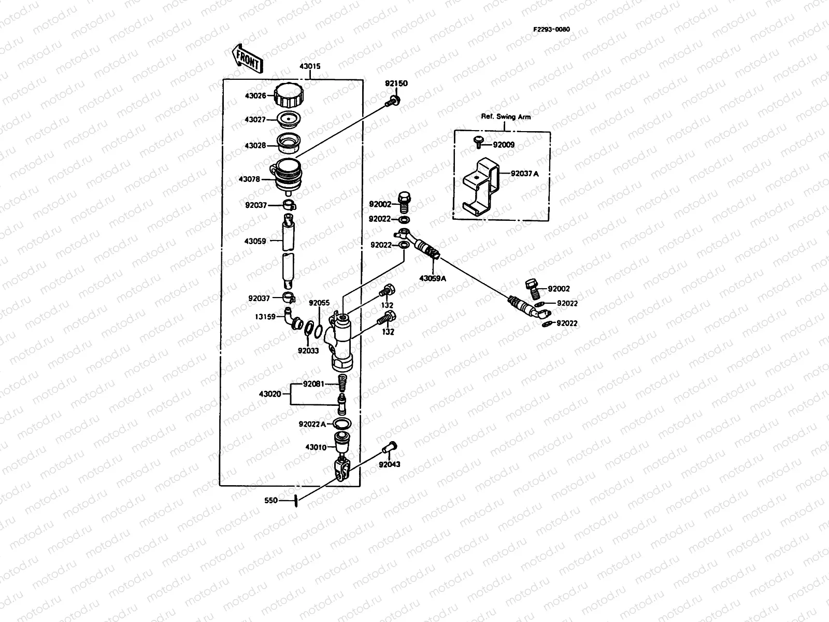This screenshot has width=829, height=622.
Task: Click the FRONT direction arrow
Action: [247, 59]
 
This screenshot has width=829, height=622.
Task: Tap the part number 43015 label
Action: [310, 66]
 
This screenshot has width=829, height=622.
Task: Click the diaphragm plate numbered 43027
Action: [289, 119]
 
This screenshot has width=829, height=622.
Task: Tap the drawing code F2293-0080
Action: [551, 29]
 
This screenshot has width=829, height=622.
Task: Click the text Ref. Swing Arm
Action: [506, 117]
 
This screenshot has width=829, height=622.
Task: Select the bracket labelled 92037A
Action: [481, 187]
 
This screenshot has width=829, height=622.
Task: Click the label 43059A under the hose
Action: [433, 279]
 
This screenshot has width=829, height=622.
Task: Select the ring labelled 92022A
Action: [342, 423]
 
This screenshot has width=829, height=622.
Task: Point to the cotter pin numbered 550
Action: [296, 501]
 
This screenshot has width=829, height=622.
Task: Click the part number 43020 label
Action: [270, 394]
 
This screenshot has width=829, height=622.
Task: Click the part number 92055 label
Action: [319, 303]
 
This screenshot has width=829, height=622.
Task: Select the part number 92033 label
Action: [308, 351]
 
